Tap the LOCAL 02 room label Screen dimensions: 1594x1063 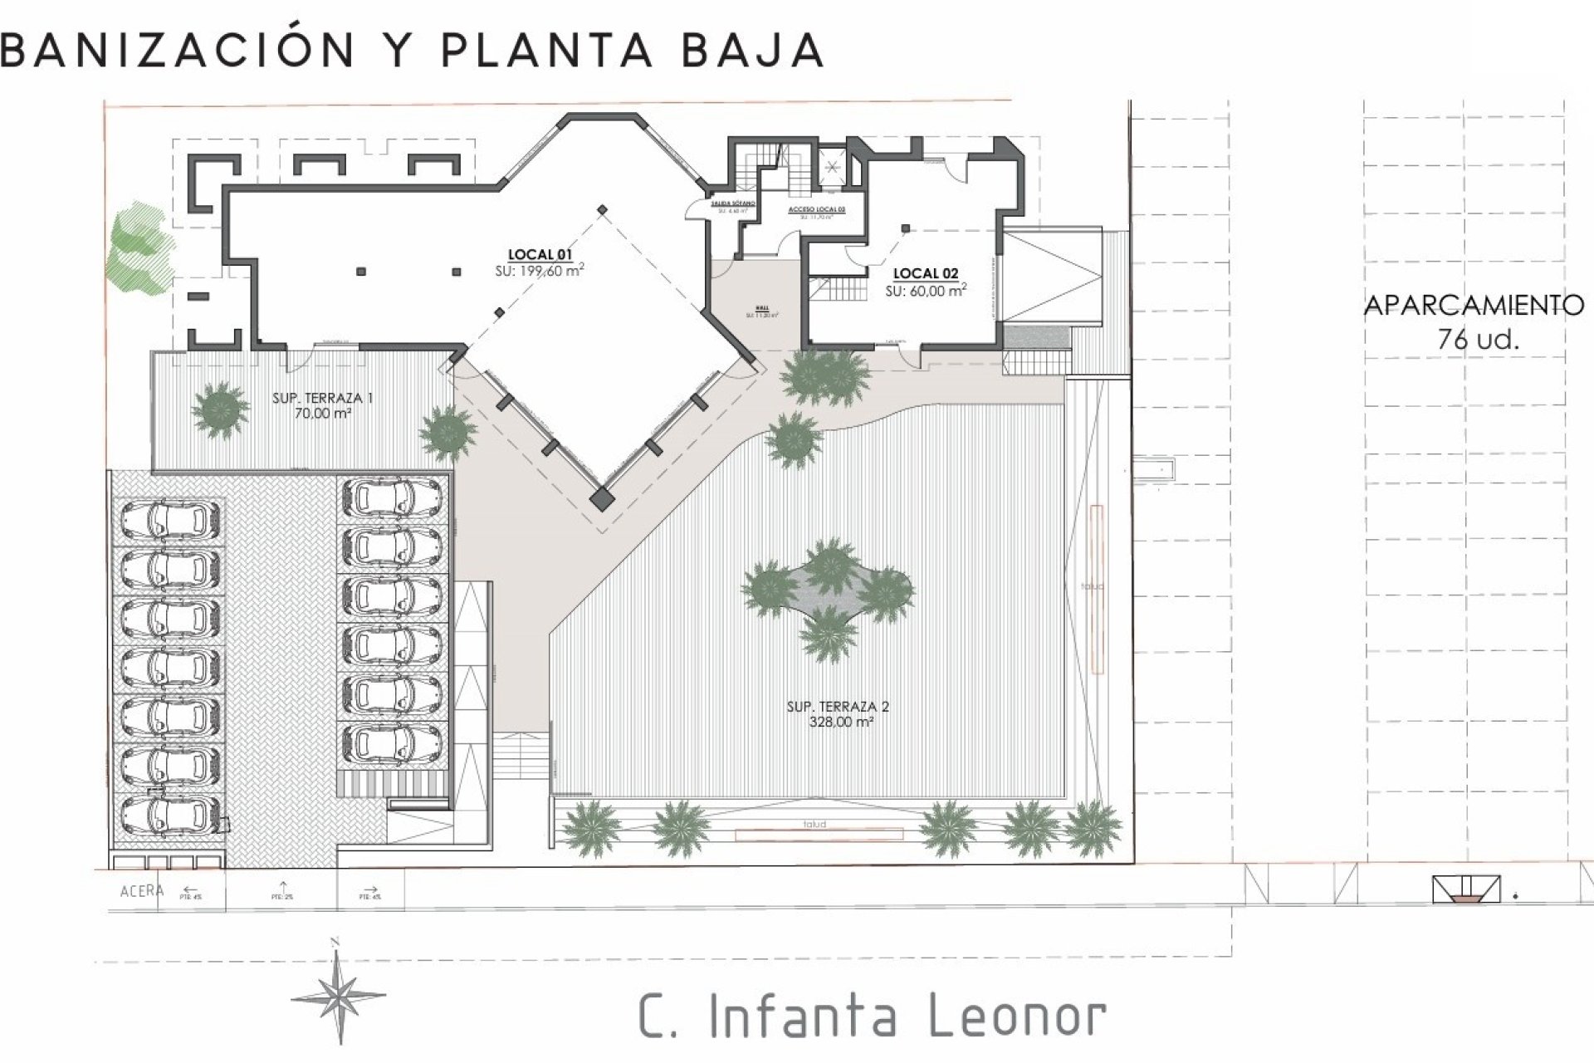pyautogui.click(x=925, y=273)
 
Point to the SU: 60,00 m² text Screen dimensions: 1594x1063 pyautogui.click(x=925, y=291)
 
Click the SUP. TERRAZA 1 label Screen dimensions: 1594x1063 pyautogui.click(x=322, y=399)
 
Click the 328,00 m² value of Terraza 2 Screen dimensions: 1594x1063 pyautogui.click(x=838, y=723)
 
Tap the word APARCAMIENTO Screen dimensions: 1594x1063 pyautogui.click(x=1474, y=306)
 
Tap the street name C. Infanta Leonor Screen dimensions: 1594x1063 pyautogui.click(x=872, y=1016)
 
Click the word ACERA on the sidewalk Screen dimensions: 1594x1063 pyautogui.click(x=142, y=891)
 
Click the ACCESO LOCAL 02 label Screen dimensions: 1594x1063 pyautogui.click(x=816, y=211)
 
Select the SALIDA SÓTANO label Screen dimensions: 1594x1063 pyautogui.click(x=732, y=203)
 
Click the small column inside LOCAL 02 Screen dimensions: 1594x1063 pyautogui.click(x=906, y=228)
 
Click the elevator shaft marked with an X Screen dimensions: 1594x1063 pyautogui.click(x=831, y=164)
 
